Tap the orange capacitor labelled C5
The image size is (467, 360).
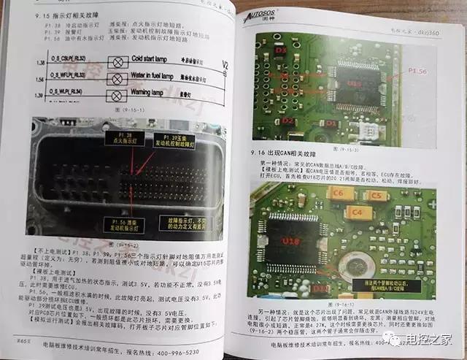click(x=377, y=196)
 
